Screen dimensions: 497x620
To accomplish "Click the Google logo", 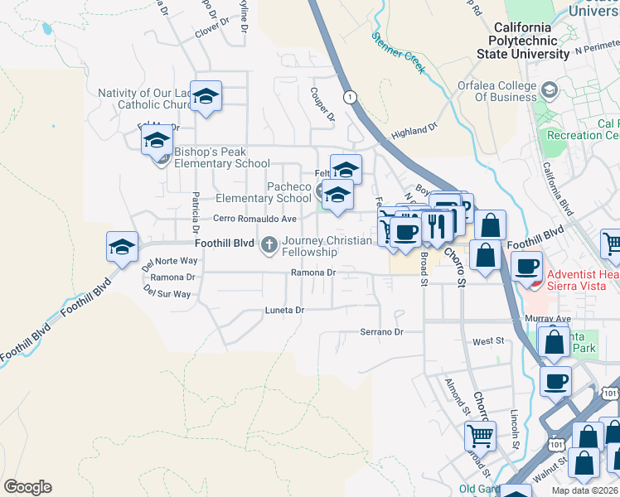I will (27, 487).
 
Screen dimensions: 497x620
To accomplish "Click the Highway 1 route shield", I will (351, 97).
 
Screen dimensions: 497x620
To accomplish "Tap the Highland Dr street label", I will (414, 132).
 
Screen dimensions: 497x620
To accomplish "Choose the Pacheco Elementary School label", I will (264, 192).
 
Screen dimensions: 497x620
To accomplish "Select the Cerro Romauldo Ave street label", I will (254, 219).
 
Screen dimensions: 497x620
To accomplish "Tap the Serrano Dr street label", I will (380, 332).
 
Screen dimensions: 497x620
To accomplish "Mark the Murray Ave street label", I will (548, 318).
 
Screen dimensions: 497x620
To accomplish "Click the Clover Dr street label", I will (212, 27).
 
